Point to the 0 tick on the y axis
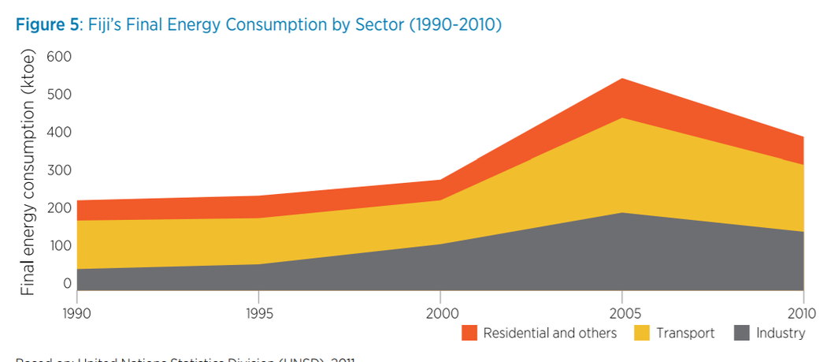67,283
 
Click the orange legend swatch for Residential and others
470,333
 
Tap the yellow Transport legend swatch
643,333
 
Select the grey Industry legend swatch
742,333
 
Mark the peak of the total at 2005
622,79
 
